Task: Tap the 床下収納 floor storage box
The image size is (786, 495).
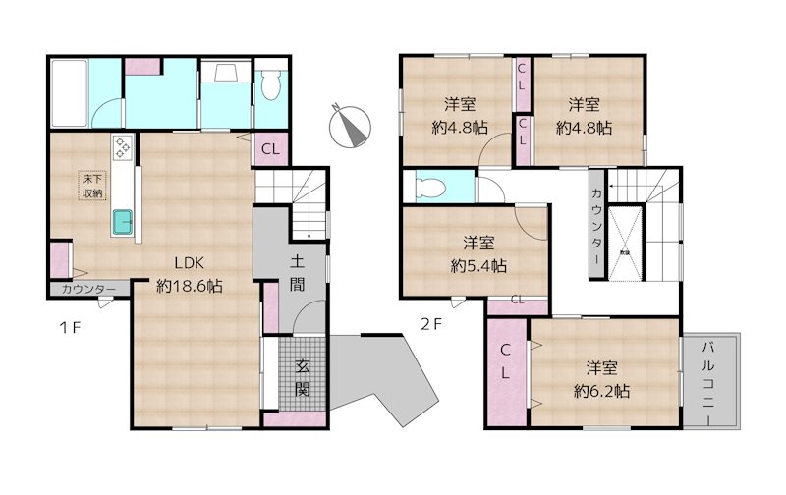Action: tap(92, 186)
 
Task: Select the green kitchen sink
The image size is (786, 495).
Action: tap(122, 223)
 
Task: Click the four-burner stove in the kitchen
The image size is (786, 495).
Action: tap(123, 147)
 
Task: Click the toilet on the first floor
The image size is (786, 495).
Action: tap(273, 88)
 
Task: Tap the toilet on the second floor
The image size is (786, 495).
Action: tap(430, 187)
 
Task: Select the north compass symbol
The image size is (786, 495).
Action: tap(351, 125)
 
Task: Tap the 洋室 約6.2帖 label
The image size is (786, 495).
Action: tap(602, 378)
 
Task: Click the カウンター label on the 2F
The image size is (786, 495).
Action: tap(596, 227)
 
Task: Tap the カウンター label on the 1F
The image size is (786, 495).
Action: tap(87, 290)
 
